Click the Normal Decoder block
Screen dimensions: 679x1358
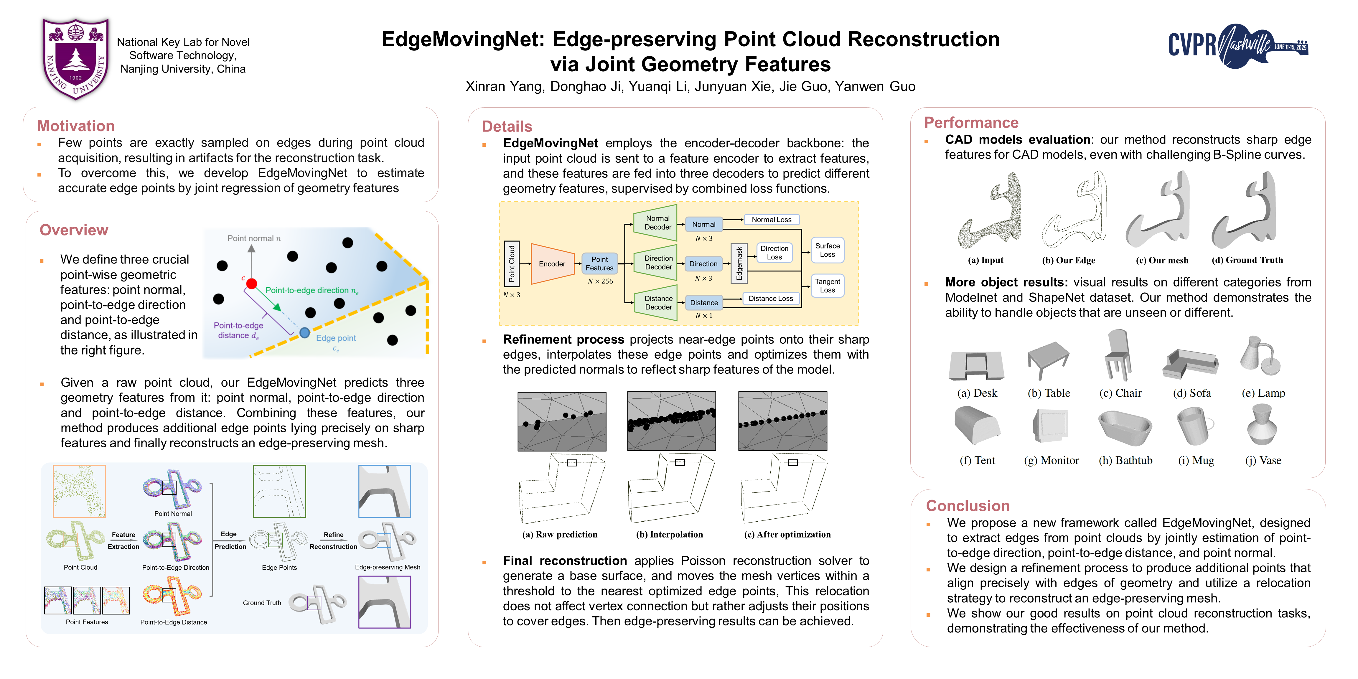[x=657, y=223]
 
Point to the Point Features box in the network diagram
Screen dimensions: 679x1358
[x=599, y=263]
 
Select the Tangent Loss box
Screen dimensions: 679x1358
[x=827, y=286]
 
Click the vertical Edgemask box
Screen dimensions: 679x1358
[x=739, y=263]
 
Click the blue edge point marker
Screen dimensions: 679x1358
[x=305, y=333]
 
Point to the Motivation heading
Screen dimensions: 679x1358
[x=76, y=126]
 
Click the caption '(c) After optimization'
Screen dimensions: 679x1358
[x=787, y=535]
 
